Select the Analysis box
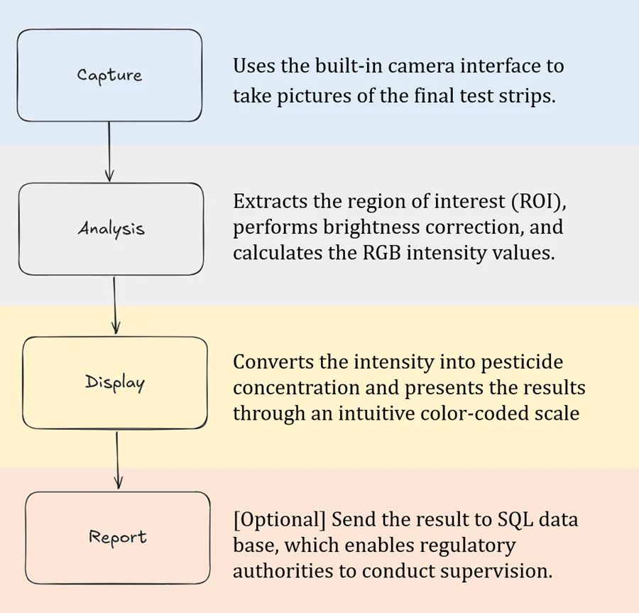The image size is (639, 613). coord(111,229)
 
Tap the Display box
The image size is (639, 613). coord(115,382)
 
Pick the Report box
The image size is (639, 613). coord(118,537)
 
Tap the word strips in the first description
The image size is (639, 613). coord(523,97)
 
